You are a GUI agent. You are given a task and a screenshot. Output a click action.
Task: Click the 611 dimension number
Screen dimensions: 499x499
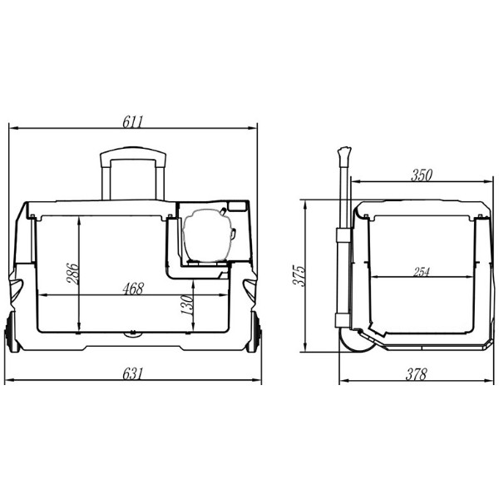coord(133,121)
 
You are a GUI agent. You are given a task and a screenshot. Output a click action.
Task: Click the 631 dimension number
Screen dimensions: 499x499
coord(133,373)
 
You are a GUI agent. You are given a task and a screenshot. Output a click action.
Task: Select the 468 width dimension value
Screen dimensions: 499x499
coord(133,289)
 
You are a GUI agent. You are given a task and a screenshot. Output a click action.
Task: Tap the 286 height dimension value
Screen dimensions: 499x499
coord(72,274)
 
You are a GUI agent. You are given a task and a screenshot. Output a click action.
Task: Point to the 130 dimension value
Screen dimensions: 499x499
coord(187,305)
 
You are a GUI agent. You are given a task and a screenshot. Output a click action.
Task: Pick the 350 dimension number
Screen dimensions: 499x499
coord(422,175)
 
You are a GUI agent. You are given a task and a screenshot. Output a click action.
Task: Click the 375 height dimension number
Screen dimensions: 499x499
coord(299,275)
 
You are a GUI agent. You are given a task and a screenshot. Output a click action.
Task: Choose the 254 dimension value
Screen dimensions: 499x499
coord(422,272)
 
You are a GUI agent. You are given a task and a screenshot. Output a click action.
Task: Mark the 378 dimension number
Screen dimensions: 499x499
coord(416,374)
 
